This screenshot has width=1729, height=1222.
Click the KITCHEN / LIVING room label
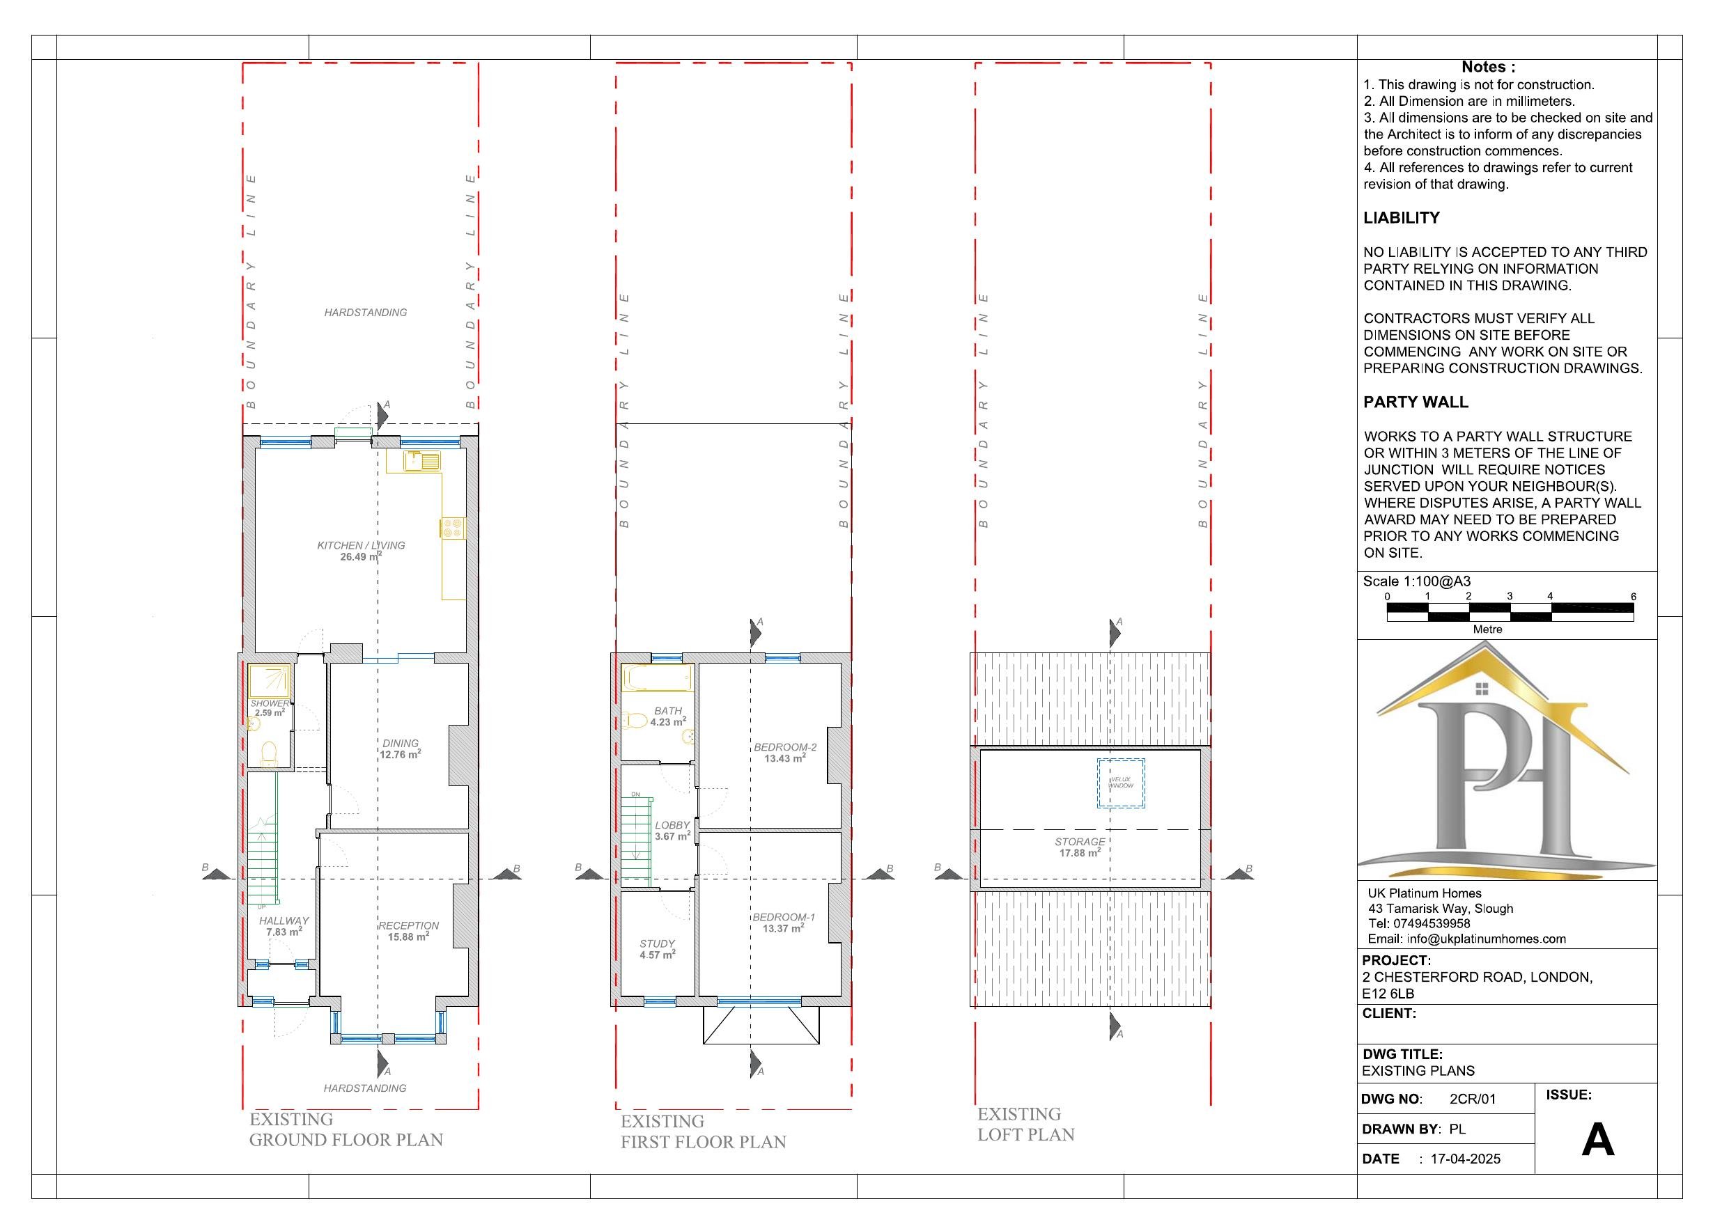click(361, 545)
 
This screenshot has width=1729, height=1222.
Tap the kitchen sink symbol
click(421, 460)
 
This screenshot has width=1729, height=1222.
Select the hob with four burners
click(453, 527)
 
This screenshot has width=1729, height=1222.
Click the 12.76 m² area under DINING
click(400, 754)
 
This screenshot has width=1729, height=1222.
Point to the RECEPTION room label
click(408, 925)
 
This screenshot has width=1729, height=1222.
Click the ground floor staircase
click(263, 859)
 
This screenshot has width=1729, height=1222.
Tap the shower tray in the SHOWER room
click(269, 681)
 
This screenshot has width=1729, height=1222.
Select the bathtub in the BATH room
click(657, 677)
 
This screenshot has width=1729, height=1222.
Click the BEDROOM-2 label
click(784, 747)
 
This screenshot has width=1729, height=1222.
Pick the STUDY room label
click(657, 943)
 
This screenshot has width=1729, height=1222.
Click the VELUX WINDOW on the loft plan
click(1121, 783)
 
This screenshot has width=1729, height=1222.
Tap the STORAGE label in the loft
click(1080, 842)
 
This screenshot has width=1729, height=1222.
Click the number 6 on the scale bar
click(1633, 596)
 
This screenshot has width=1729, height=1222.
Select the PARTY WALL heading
click(1415, 402)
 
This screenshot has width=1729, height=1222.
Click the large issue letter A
click(1597, 1140)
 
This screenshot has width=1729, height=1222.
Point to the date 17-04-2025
click(1465, 1159)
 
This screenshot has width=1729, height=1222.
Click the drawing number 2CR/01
click(1472, 1099)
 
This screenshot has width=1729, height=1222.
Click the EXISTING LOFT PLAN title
click(1025, 1124)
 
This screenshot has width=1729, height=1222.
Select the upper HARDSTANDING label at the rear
click(365, 313)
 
